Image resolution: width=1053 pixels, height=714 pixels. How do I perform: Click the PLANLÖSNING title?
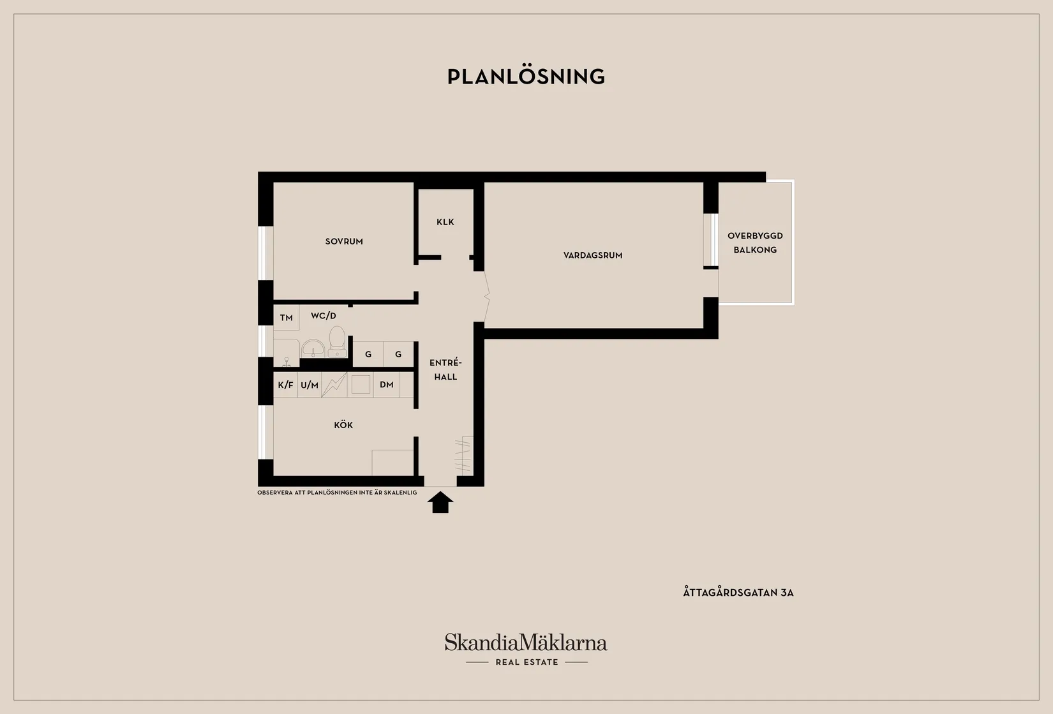[x=526, y=77]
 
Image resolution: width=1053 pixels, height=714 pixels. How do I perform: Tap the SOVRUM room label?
[x=344, y=242]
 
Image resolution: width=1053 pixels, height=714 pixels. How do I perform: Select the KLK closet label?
[x=445, y=222]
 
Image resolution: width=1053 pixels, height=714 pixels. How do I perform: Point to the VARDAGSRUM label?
[x=593, y=255]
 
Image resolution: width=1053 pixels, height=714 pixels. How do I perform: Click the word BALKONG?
[x=755, y=250]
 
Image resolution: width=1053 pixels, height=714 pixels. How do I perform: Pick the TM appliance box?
[x=287, y=317]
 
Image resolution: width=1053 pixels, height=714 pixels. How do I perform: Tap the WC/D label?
[x=324, y=316]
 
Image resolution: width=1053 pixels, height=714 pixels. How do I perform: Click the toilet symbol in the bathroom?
[x=337, y=341]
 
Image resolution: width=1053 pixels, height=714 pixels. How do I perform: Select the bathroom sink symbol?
[x=313, y=349]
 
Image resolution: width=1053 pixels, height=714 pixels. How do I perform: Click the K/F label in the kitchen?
[x=285, y=385]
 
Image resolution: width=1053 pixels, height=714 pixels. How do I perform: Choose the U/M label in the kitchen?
[x=310, y=385]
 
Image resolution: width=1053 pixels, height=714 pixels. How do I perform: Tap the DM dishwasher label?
[x=386, y=385]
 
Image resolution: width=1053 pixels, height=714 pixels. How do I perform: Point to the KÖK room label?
[x=343, y=425]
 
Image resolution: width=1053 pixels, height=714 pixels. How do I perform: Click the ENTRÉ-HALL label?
[x=445, y=369]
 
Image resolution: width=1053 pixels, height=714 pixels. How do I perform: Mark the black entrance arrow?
[x=440, y=502]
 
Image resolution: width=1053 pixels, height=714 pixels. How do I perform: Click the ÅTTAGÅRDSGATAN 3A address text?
[x=738, y=592]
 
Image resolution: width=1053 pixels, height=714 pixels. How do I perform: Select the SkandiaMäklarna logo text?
[x=526, y=642]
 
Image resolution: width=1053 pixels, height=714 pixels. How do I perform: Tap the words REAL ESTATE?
[x=527, y=662]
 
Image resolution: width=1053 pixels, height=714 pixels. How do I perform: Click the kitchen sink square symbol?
[x=361, y=385]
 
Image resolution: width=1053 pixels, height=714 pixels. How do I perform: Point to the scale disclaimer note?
[x=337, y=493]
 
